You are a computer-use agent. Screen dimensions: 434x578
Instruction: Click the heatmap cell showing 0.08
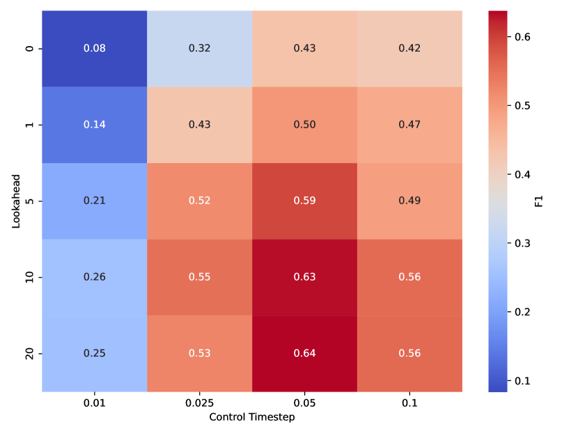(95, 49)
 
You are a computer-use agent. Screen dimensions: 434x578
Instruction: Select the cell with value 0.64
(304, 353)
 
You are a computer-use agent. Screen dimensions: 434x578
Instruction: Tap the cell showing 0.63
(304, 277)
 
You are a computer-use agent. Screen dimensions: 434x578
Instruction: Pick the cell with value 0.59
(304, 201)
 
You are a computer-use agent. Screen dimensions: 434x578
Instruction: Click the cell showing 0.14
(95, 125)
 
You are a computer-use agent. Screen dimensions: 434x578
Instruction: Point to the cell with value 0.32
(199, 49)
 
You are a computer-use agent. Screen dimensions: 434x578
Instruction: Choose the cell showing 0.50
(304, 125)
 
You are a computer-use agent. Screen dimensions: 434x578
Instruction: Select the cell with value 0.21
(95, 201)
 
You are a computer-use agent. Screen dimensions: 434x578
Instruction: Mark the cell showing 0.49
(409, 201)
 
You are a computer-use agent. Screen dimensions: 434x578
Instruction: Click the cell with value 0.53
(199, 353)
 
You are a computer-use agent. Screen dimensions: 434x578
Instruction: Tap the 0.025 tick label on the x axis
(199, 403)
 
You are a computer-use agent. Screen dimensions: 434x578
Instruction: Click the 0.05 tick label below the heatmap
(304, 403)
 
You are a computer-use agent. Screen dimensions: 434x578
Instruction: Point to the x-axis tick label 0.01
(95, 403)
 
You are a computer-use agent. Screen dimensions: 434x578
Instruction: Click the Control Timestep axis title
(252, 417)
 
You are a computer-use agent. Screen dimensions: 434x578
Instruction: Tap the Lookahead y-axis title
(15, 201)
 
